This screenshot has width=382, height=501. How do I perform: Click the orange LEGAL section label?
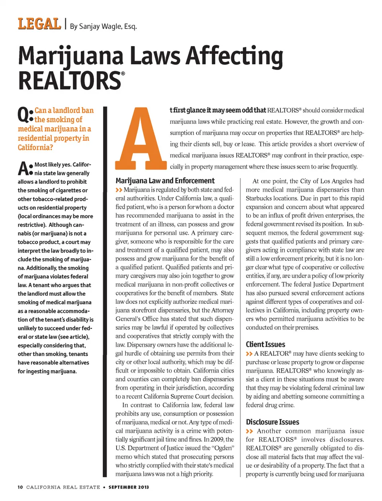[x=39, y=24]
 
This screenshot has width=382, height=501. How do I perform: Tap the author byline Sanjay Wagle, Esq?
[x=103, y=27]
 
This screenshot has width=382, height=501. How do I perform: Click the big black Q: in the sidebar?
[x=25, y=115]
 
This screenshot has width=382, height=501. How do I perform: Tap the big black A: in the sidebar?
[x=25, y=169]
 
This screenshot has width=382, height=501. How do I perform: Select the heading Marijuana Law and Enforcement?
[x=165, y=181]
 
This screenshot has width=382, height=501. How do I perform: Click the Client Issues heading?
[x=265, y=344]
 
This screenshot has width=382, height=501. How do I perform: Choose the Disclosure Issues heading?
[x=272, y=422]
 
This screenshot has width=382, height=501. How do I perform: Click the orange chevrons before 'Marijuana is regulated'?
[x=119, y=190]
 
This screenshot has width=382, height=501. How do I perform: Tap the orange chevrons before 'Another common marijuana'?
[x=249, y=431]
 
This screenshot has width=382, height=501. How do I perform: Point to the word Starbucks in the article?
[x=259, y=198]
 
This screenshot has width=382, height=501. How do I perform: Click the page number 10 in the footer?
[x=20, y=487]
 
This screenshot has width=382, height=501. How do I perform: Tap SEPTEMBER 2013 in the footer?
[x=129, y=487]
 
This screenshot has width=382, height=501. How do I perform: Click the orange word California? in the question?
[x=35, y=148]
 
